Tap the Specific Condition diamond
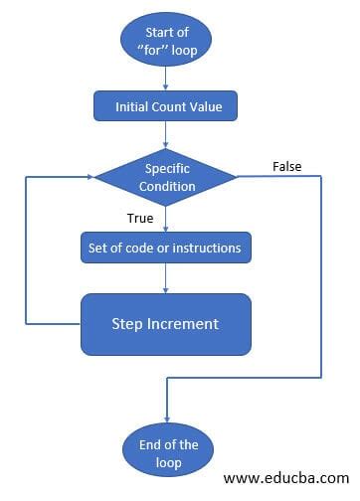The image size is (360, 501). (x=165, y=176)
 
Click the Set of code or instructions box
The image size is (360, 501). (x=165, y=247)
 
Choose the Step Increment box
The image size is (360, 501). (x=165, y=324)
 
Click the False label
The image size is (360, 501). (x=286, y=167)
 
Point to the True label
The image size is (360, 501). (x=141, y=216)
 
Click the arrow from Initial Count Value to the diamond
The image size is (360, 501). (x=166, y=132)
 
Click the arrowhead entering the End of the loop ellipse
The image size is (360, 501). (x=165, y=416)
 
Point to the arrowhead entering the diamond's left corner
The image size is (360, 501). (x=90, y=177)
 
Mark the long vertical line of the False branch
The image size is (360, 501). (x=322, y=278)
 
